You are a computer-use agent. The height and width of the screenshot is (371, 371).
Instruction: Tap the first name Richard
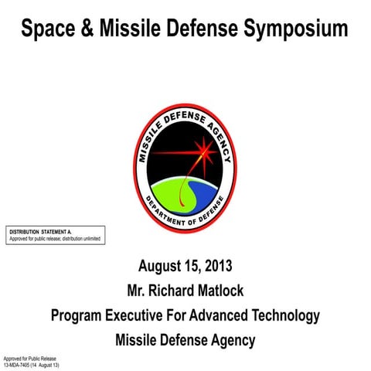[179, 291]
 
